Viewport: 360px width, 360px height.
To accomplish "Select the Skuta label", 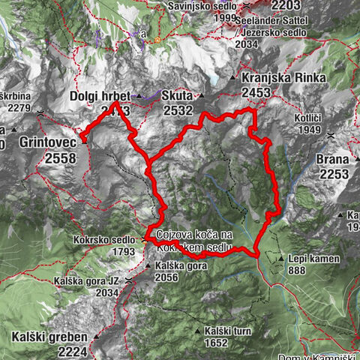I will tap(177, 97).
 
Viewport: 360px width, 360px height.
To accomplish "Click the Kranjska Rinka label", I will tap(282, 78).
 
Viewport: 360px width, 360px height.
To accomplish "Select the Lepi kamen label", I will tap(314, 259).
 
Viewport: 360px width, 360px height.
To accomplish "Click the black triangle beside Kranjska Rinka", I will tap(235, 78).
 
